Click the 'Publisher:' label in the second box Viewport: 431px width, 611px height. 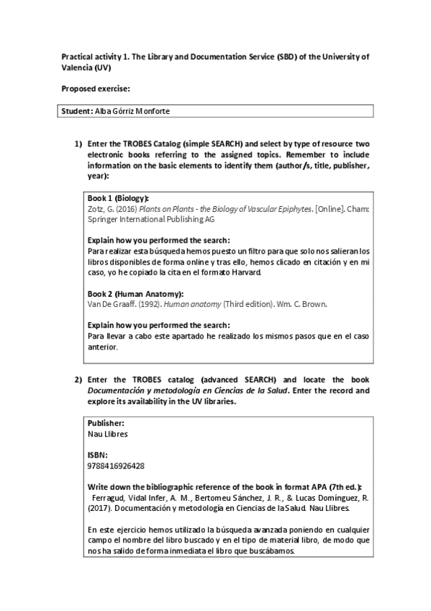[105, 424]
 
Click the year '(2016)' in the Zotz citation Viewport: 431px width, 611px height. [122, 208]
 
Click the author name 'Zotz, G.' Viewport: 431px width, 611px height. [99, 208]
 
